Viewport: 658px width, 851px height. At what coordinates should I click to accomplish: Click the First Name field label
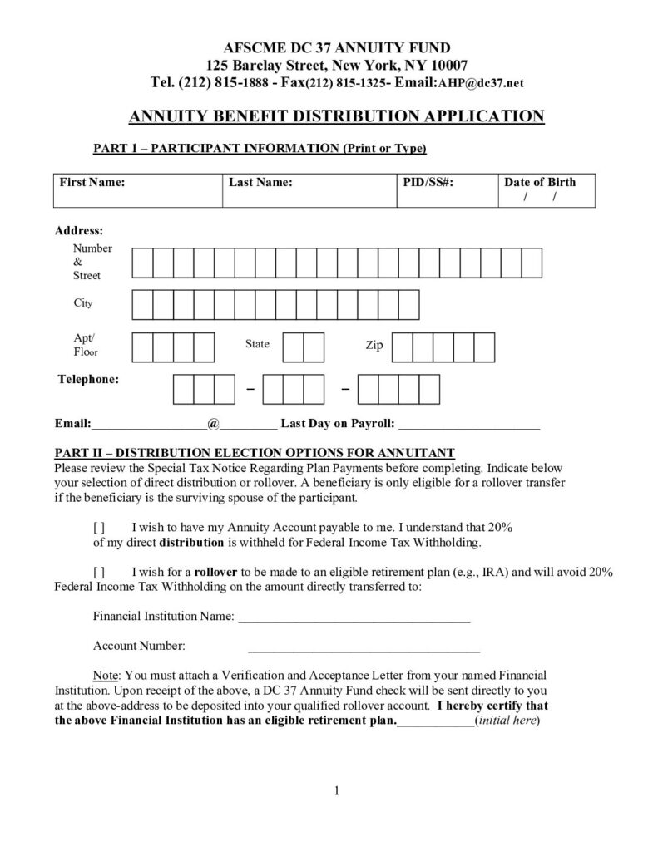point(90,183)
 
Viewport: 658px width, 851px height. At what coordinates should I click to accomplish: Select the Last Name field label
point(260,183)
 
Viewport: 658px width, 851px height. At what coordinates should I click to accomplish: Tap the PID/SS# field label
point(427,183)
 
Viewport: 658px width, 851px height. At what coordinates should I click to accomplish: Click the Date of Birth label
point(539,183)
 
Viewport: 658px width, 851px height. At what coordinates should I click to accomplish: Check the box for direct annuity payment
point(98,528)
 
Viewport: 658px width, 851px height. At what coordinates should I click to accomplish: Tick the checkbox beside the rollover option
point(98,573)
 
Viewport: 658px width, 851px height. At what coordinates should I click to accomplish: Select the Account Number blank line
point(364,647)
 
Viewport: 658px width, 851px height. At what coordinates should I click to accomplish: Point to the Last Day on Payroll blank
point(469,425)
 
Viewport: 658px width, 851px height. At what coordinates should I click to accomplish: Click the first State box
point(293,347)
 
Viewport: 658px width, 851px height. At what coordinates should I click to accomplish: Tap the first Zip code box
point(402,347)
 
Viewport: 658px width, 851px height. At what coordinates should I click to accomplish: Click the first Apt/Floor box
point(142,347)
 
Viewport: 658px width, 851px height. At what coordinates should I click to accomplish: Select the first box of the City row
point(142,305)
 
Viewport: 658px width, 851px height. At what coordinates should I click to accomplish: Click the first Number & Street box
point(142,263)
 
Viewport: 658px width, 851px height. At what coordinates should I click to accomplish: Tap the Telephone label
point(87,380)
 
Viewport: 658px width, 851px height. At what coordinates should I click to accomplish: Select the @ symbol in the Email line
point(213,424)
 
